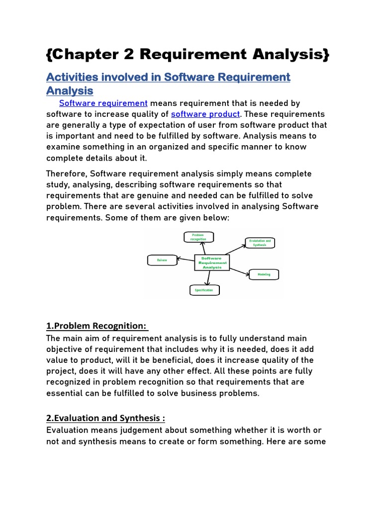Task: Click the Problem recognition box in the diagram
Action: coord(198,237)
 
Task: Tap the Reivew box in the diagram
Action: coord(162,259)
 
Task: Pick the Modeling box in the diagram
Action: coord(264,274)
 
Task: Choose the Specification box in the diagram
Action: coord(204,290)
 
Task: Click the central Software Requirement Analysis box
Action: coord(212,262)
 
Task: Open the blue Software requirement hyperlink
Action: coord(103,103)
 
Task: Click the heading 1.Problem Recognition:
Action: coord(96,326)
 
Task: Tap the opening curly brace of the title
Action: coord(50,55)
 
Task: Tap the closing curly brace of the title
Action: coord(325,55)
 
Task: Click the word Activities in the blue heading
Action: coord(72,78)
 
